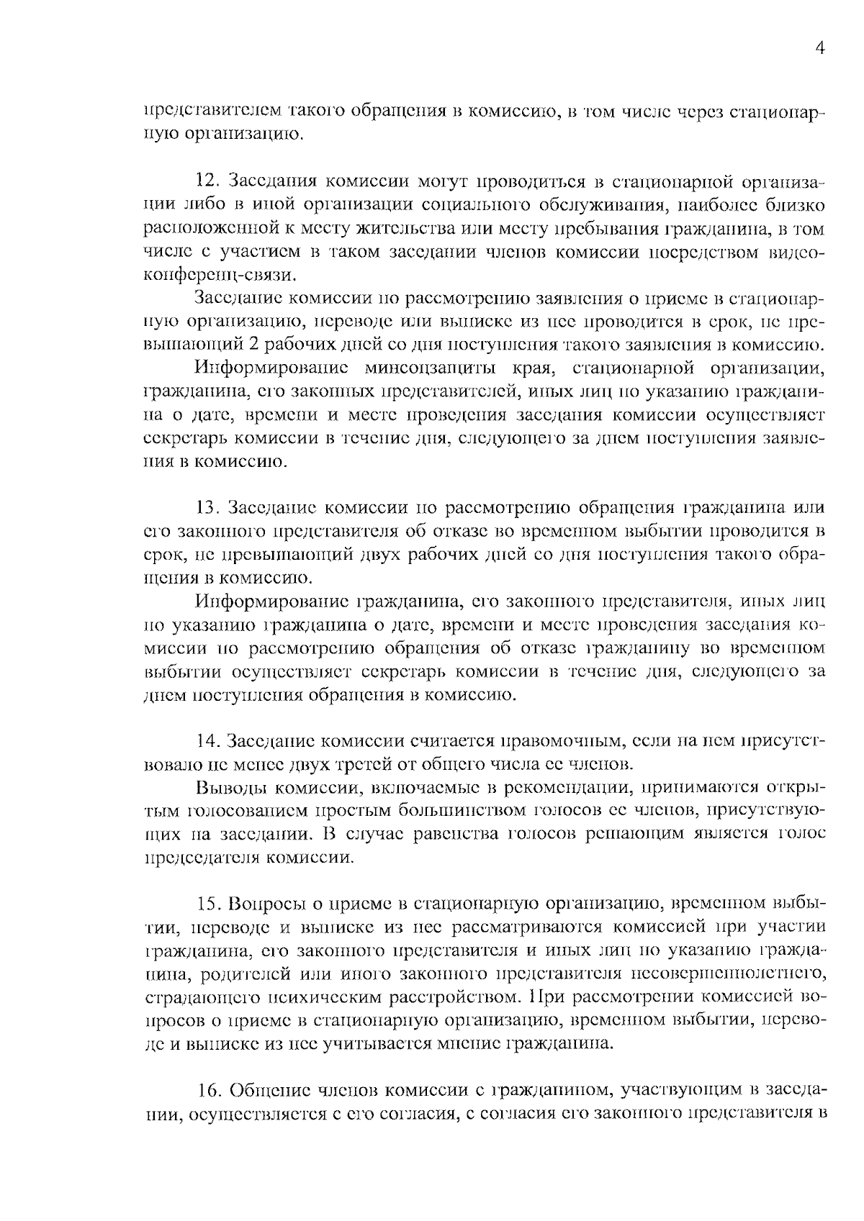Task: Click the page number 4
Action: [x=819, y=48]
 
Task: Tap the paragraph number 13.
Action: [x=207, y=508]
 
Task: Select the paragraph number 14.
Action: [x=209, y=741]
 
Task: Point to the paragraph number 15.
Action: [x=209, y=904]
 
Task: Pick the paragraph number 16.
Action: [x=209, y=1091]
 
